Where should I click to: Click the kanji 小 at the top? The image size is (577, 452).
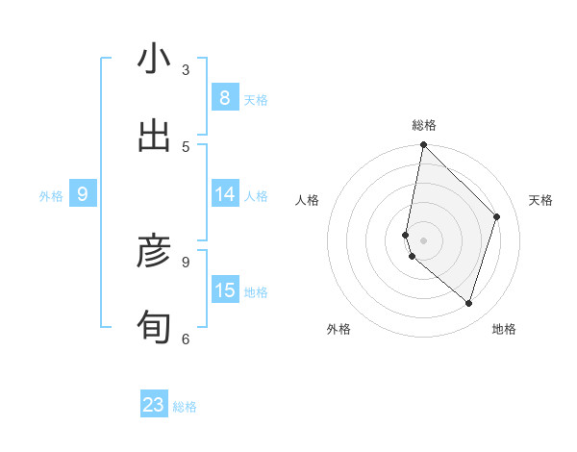pos(154,60)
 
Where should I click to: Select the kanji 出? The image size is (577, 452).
pos(154,137)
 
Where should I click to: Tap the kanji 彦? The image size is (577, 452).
pos(154,252)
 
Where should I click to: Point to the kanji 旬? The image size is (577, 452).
pos(154,328)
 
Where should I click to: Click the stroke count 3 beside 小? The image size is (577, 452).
pos(186,69)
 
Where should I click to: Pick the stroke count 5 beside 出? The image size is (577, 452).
pos(186,146)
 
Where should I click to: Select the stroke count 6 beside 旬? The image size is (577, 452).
pos(186,338)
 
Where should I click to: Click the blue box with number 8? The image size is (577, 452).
pos(225,97)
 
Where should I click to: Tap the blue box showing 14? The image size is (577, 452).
pos(225,194)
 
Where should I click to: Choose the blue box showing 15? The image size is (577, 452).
pos(225,289)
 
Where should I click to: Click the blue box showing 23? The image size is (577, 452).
pos(154,405)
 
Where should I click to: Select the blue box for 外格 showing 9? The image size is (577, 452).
pos(83,194)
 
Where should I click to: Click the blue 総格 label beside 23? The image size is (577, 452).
pos(185,407)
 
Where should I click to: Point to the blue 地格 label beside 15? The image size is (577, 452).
pos(256,291)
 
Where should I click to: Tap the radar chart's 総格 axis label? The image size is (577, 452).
pos(424,125)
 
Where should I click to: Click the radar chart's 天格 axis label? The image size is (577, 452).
pos(540,200)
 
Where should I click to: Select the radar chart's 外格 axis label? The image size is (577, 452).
pos(339,329)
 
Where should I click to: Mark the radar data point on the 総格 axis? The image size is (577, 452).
pos(423,145)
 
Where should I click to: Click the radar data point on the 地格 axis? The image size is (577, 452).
pos(468,303)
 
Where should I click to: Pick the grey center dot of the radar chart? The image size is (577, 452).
pos(423,239)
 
